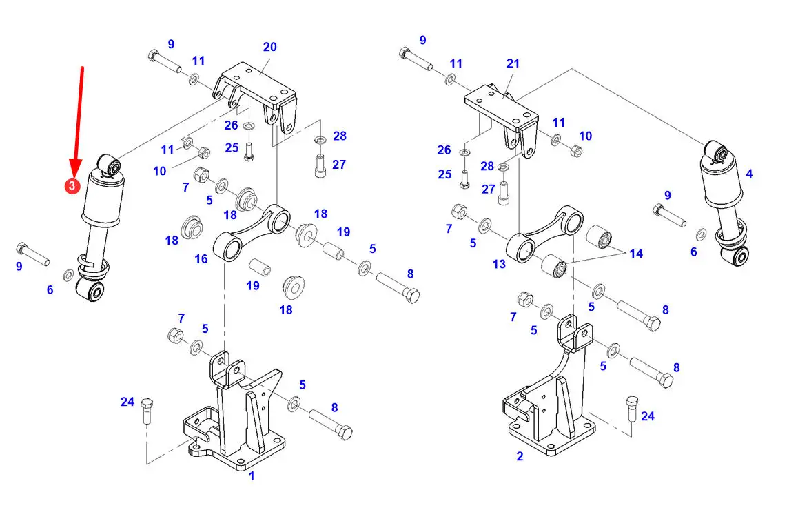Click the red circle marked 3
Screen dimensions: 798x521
(72, 185)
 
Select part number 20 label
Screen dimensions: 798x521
(269, 47)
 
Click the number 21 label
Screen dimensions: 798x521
(513, 63)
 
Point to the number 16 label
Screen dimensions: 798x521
(201, 259)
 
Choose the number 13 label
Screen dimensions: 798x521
(499, 264)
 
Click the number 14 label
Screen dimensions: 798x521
(636, 254)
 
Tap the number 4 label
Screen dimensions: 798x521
(749, 174)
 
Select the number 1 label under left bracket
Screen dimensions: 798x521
(252, 476)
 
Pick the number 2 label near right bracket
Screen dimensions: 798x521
(520, 456)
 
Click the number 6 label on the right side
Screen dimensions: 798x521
(694, 252)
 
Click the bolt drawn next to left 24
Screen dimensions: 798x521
(147, 411)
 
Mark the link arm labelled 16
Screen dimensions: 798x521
(252, 232)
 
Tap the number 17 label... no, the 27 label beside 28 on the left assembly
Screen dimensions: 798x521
(339, 165)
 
